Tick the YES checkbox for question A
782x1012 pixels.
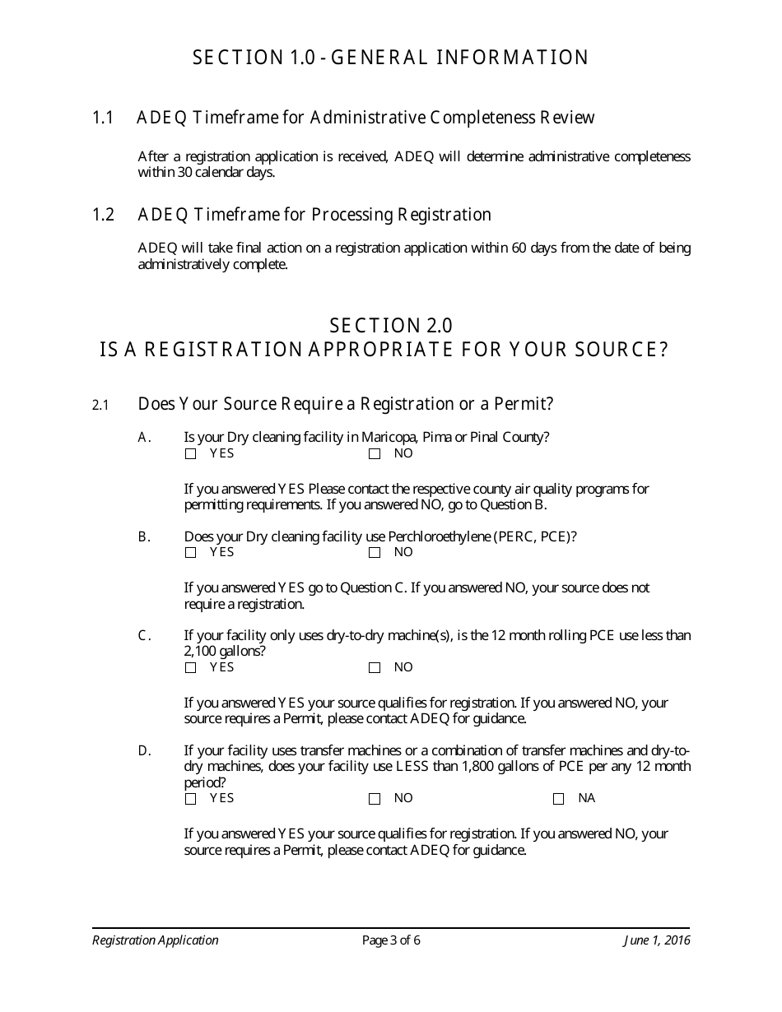click(191, 454)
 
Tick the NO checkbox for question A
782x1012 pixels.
click(375, 454)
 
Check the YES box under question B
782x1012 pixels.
click(191, 553)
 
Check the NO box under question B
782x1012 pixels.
click(375, 553)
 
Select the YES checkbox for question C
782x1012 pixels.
click(191, 668)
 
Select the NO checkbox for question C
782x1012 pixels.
click(375, 668)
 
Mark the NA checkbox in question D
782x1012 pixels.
click(559, 799)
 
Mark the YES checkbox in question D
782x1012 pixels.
click(191, 799)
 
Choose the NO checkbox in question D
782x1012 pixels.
click(375, 799)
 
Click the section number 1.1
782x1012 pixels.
click(103, 118)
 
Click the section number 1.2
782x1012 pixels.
click(103, 215)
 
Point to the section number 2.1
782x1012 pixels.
click(100, 405)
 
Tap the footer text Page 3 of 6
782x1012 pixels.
click(391, 940)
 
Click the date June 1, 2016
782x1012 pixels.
click(656, 940)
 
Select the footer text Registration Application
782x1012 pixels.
click(156, 940)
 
